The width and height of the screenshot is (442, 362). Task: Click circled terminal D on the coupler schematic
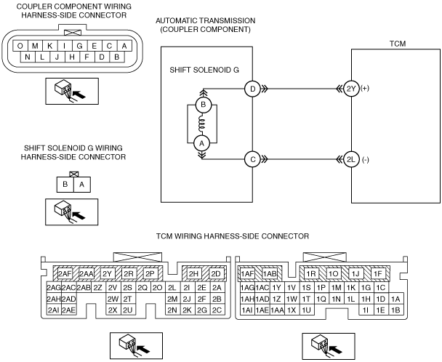252,89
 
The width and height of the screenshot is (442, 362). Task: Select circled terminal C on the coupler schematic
252,160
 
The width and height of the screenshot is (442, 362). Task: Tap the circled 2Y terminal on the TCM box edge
351,89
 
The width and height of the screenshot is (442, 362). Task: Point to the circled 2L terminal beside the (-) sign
351,160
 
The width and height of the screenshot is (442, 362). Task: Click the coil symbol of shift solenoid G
202,124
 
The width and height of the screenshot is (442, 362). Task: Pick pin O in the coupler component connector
20,46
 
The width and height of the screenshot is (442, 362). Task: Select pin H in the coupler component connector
72,57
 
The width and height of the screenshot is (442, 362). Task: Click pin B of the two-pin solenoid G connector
65,185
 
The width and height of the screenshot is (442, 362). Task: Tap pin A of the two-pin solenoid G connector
82,185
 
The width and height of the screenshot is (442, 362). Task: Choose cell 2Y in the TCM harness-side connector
107,274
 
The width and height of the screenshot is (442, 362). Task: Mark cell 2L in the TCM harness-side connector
172,288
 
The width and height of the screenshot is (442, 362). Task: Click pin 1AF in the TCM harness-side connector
247,273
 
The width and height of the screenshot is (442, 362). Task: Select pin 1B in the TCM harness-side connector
395,310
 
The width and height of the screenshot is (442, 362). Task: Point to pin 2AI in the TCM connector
54,310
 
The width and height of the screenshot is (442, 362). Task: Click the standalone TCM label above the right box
398,44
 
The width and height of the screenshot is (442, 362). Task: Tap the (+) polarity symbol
365,88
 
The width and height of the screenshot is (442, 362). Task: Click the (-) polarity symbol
365,160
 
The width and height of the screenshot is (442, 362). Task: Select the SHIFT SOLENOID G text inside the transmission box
204,70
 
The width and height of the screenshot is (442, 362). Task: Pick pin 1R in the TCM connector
311,274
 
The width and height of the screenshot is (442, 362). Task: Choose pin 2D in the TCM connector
216,274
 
